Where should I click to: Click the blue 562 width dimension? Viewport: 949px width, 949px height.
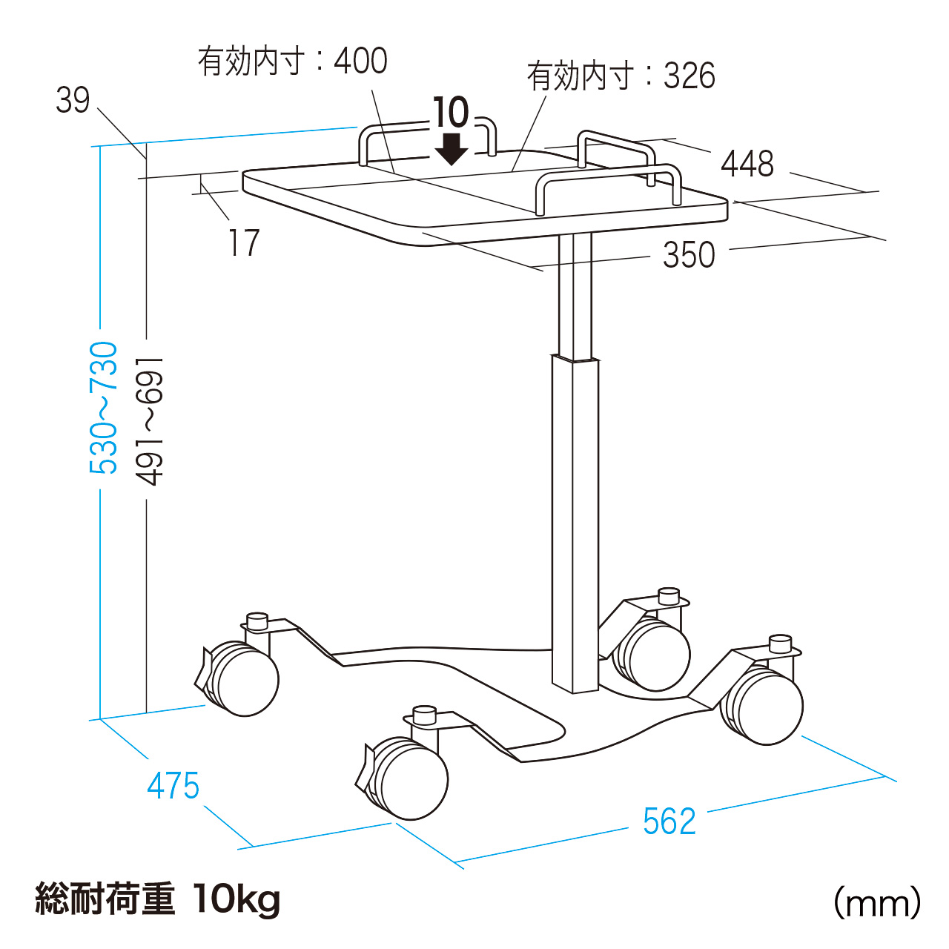[x=669, y=821]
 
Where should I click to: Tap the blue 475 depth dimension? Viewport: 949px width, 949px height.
[x=173, y=786]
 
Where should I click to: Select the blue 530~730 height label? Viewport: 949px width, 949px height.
[x=104, y=408]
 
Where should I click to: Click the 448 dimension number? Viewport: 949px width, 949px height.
[x=747, y=164]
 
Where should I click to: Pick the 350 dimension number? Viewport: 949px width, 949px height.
[x=689, y=255]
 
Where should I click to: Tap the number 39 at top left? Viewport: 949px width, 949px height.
[x=73, y=101]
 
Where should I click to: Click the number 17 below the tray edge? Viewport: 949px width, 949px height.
[x=244, y=243]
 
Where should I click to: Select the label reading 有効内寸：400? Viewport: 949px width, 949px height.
[x=292, y=61]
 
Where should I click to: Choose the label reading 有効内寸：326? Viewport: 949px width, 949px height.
[x=621, y=76]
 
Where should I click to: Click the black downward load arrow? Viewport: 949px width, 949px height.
[x=451, y=148]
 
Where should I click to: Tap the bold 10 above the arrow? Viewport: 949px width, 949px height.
[x=451, y=113]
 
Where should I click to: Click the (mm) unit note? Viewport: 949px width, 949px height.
[x=877, y=903]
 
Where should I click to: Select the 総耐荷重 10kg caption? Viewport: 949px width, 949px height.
[x=158, y=899]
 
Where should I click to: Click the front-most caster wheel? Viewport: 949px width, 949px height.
[x=411, y=778]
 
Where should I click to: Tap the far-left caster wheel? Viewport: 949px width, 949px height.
[x=242, y=679]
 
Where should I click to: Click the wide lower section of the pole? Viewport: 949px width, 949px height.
[x=575, y=519]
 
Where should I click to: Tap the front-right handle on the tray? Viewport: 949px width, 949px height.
[x=608, y=178]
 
